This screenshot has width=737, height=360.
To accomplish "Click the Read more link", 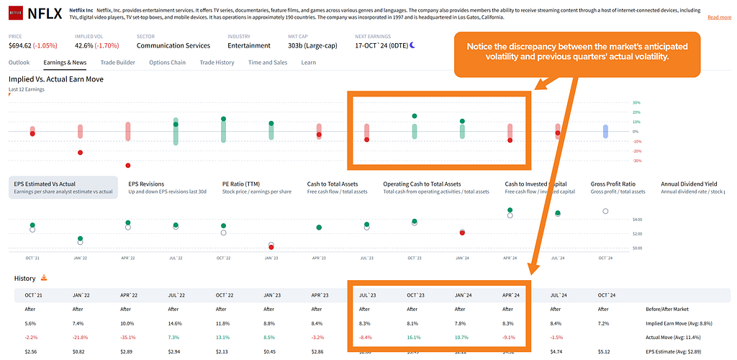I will [x=719, y=17].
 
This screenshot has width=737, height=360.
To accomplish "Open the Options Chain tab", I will [x=167, y=63].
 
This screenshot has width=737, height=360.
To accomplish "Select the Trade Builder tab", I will [x=118, y=63].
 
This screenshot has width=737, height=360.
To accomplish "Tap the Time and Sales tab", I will [x=268, y=63].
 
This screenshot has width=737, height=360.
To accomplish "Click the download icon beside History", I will [x=44, y=278].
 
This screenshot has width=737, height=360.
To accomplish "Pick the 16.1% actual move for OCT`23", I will [x=413, y=337].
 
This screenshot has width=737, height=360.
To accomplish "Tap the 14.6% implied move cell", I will [x=175, y=324].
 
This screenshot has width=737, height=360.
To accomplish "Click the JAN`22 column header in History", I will [x=81, y=295].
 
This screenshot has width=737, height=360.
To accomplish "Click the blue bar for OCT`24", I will [x=605, y=130].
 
